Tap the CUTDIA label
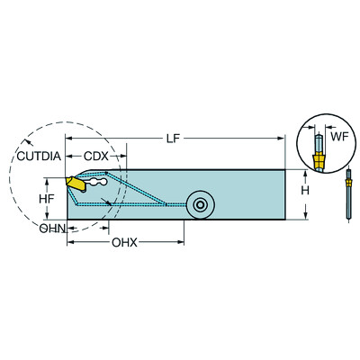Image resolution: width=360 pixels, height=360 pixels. pyautogui.click(x=39, y=157)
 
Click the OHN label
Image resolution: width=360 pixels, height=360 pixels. pyautogui.click(x=50, y=229)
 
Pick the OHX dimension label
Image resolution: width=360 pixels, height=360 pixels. pyautogui.click(x=124, y=243)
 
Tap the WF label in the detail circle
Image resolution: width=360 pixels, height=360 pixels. pyautogui.click(x=338, y=138)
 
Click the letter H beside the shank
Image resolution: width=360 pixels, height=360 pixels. pyautogui.click(x=306, y=192)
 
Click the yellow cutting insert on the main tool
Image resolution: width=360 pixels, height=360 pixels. pyautogui.click(x=75, y=184)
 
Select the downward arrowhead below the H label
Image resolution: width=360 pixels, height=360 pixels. pyautogui.click(x=306, y=216)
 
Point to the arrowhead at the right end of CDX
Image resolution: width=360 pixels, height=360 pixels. pyautogui.click(x=127, y=157)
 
